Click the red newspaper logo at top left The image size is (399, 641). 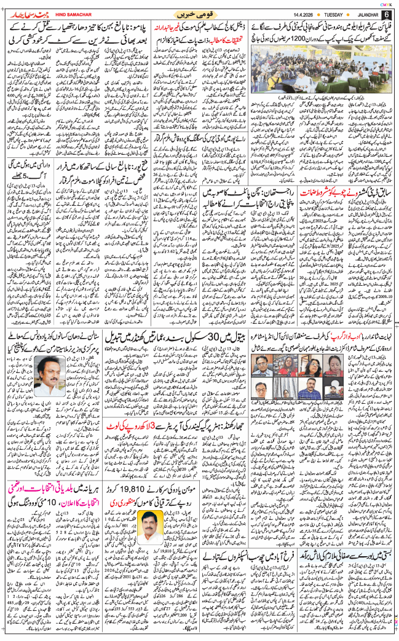[x=25, y=13]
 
